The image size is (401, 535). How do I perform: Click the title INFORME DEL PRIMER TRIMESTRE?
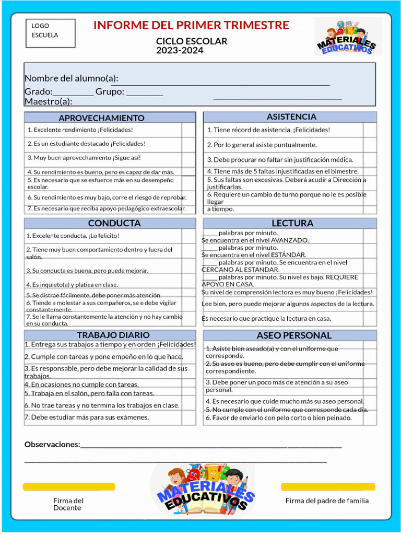[x=191, y=25]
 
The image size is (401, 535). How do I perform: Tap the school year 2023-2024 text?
[x=180, y=51]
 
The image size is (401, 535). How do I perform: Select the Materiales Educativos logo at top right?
[x=348, y=36]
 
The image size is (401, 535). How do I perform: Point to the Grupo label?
[x=110, y=92]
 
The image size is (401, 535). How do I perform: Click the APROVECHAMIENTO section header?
[x=101, y=118]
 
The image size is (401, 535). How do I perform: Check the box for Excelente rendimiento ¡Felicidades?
[x=188, y=130]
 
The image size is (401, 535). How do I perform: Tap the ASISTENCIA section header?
[x=291, y=117]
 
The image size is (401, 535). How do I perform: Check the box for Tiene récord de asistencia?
[x=370, y=130]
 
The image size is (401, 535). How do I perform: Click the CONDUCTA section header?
[x=114, y=223]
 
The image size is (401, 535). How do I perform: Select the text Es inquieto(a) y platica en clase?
[x=72, y=285]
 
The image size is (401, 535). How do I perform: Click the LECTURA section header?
[x=292, y=223]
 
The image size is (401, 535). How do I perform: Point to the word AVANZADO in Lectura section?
[x=290, y=240]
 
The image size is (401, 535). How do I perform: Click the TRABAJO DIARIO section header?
[x=113, y=335]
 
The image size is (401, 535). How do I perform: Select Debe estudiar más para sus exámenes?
[x=87, y=417]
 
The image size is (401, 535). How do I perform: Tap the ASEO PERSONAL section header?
[x=294, y=335]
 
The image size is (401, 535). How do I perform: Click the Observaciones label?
[x=52, y=445]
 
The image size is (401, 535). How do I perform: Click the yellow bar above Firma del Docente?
[x=68, y=487]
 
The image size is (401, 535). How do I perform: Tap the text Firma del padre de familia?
[x=327, y=501]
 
